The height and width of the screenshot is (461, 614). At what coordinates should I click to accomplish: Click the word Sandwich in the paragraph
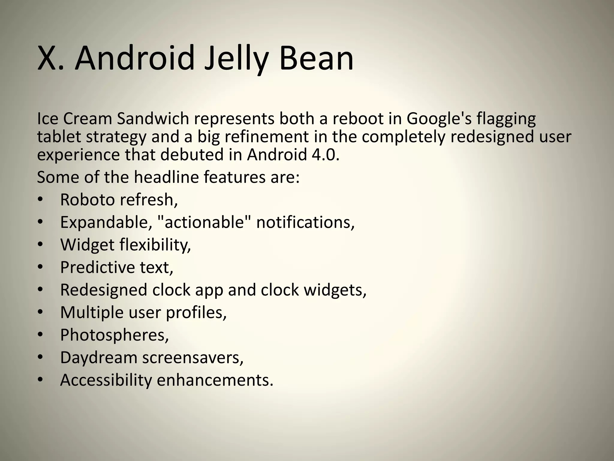(x=153, y=119)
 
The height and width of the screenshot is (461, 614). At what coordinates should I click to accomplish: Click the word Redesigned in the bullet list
(x=104, y=290)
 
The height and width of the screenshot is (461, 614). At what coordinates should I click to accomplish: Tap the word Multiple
(x=92, y=312)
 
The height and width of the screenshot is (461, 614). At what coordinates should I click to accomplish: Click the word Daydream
(x=99, y=357)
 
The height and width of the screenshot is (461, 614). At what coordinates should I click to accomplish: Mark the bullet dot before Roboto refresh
(x=40, y=200)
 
